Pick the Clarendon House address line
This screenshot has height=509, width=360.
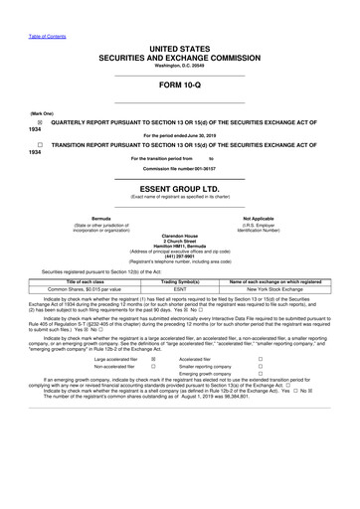click(179, 237)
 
